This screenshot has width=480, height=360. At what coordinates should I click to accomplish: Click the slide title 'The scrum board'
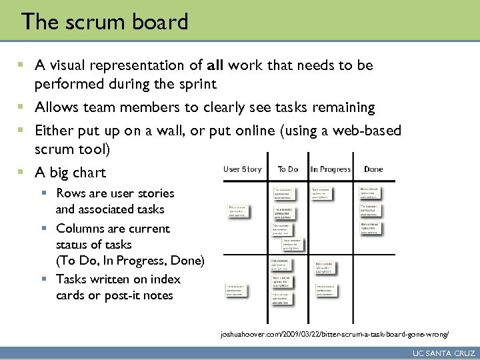point(105,22)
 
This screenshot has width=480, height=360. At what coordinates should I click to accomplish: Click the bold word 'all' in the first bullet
point(215,65)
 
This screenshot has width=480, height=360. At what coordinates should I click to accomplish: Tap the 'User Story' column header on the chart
point(242,169)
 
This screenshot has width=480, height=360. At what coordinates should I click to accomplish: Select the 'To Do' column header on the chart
point(288,169)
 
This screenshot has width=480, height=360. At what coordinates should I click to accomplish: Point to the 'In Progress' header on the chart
point(330,169)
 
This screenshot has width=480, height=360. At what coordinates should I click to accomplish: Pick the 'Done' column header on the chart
point(373,169)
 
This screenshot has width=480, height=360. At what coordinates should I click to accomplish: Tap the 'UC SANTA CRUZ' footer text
point(444,352)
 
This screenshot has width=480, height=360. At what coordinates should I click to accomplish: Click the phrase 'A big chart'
point(70,173)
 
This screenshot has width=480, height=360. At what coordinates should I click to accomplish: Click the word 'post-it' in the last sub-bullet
point(125,295)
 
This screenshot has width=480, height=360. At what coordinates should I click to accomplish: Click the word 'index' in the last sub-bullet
point(165,279)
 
